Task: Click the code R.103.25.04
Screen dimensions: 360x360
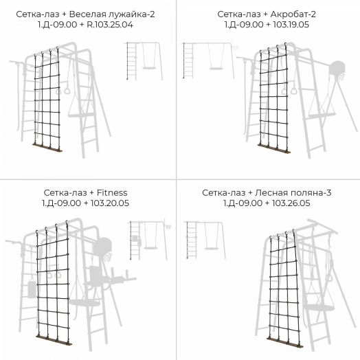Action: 110,25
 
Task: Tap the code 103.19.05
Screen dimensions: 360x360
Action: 291,25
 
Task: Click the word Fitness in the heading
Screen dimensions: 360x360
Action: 112,192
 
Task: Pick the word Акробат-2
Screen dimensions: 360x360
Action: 293,14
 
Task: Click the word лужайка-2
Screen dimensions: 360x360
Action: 131,14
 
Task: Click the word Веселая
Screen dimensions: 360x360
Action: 87,14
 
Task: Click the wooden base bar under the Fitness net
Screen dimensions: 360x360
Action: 54,340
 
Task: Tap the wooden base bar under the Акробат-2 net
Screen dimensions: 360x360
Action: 274,148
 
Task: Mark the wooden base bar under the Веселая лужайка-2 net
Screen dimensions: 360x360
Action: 47,147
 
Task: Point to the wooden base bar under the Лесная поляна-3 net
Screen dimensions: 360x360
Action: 285,343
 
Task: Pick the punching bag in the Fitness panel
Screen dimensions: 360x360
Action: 32,289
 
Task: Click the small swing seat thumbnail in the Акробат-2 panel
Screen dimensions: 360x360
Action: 216,68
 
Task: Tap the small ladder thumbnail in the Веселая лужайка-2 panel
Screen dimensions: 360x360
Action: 132,61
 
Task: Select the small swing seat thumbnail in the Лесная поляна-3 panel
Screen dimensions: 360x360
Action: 211,248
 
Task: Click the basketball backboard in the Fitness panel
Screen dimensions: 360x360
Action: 102,247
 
